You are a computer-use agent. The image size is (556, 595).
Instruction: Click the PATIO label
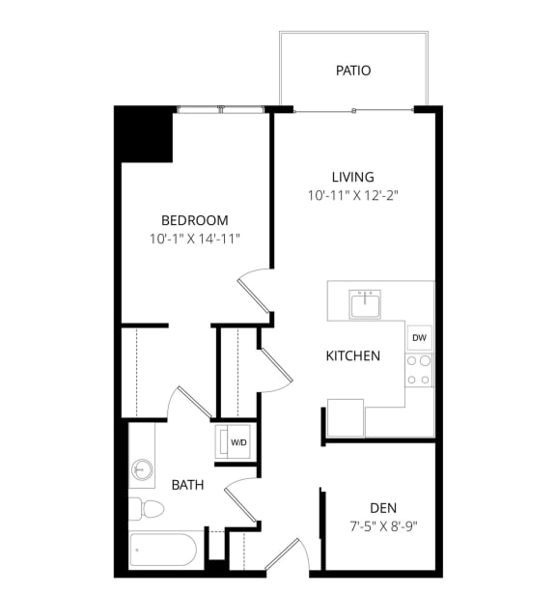pyautogui.click(x=353, y=71)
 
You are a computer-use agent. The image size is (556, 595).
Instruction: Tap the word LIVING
pyautogui.click(x=352, y=177)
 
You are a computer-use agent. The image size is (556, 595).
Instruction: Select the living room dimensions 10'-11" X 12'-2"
pyautogui.click(x=352, y=194)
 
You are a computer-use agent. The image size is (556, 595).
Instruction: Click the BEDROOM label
pyautogui.click(x=195, y=220)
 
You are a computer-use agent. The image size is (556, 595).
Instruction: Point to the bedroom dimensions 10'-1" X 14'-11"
pyautogui.click(x=195, y=238)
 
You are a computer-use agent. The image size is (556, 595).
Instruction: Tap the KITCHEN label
pyautogui.click(x=352, y=355)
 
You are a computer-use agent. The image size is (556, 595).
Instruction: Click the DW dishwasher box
pyautogui.click(x=419, y=338)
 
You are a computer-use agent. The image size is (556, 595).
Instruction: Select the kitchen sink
pyautogui.click(x=365, y=303)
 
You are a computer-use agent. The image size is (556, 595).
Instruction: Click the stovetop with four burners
pyautogui.click(x=419, y=370)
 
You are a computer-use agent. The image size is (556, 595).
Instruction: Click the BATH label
pyautogui.click(x=187, y=485)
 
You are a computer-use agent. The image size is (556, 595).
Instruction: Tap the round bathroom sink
pyautogui.click(x=143, y=469)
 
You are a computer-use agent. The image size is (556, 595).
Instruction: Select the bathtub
pyautogui.click(x=165, y=551)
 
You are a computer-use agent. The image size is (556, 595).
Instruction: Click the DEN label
pyautogui.click(x=383, y=508)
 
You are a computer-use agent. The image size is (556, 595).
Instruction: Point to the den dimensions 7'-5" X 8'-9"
pyautogui.click(x=383, y=526)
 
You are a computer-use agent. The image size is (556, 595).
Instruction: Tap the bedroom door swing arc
pyautogui.click(x=253, y=289)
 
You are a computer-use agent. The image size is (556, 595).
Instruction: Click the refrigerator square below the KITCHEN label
pyautogui.click(x=345, y=417)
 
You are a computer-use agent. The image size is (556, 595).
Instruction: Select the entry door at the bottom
pyautogui.click(x=287, y=557)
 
